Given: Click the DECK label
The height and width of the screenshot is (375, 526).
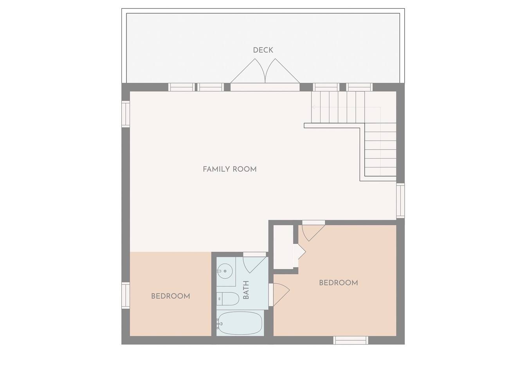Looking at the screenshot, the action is pos(263,50).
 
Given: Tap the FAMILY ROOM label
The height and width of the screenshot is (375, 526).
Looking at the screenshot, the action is pos(230,169).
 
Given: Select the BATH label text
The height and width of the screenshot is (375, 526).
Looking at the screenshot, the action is pos(246,290).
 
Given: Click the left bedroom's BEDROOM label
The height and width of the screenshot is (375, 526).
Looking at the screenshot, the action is pos(171,296).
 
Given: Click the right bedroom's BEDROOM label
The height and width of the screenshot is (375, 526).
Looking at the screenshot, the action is pos(339,283).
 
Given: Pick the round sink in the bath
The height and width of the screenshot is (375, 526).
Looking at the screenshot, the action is pos(225,271).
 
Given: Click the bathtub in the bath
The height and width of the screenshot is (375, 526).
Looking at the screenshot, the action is pos(240,323).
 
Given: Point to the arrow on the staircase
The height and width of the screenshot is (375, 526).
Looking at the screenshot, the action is pos(346,107).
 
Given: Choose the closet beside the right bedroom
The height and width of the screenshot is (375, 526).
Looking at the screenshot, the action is pos(283,247).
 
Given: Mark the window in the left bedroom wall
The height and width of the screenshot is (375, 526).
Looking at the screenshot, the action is pos(126,295).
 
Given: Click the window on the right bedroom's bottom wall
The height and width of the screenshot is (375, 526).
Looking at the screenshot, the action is pos(351,340).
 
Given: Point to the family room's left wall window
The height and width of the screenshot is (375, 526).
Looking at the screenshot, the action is pos(126,114).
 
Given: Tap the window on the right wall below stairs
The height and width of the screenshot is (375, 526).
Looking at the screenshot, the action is pos(401,201).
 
